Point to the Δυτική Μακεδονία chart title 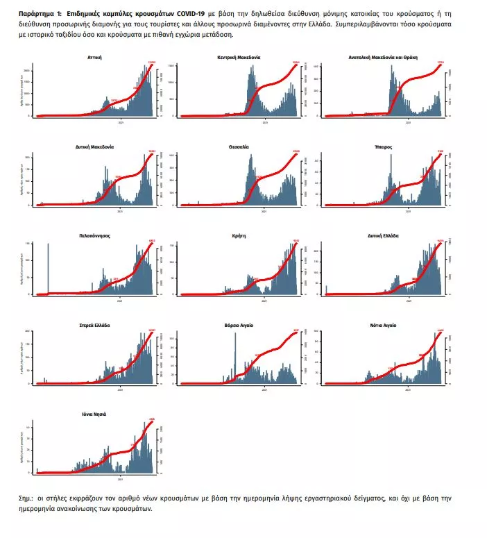click(x=95, y=147)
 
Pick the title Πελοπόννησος click(x=96, y=236)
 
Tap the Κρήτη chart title click(x=239, y=236)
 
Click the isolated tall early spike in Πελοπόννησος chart click(x=48, y=267)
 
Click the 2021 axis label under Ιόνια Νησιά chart click(x=121, y=479)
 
